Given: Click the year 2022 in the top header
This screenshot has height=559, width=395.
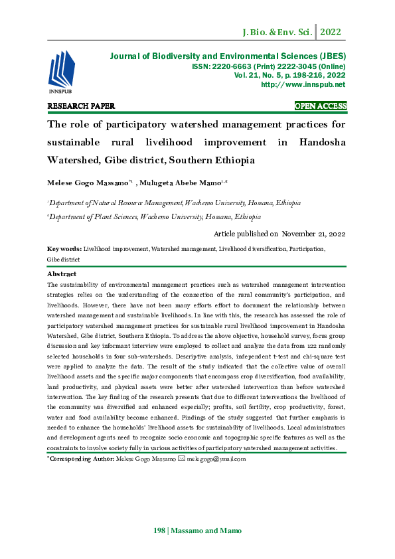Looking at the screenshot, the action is pyautogui.click(x=331, y=31).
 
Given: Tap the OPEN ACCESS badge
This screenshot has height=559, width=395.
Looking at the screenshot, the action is pyautogui.click(x=320, y=106).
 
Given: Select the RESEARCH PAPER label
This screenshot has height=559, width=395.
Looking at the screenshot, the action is pyautogui.click(x=81, y=106).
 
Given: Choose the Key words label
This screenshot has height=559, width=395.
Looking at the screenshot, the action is pyautogui.click(x=64, y=249).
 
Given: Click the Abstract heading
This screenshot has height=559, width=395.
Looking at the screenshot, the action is pyautogui.click(x=62, y=274).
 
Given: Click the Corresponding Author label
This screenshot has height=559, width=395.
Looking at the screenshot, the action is pyautogui.click(x=80, y=459).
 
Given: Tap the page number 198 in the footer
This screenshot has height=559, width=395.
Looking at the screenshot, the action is pyautogui.click(x=159, y=530).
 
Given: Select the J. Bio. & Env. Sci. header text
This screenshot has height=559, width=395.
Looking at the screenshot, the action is pyautogui.click(x=279, y=31).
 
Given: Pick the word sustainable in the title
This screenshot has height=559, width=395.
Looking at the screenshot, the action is pyautogui.click(x=73, y=143).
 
